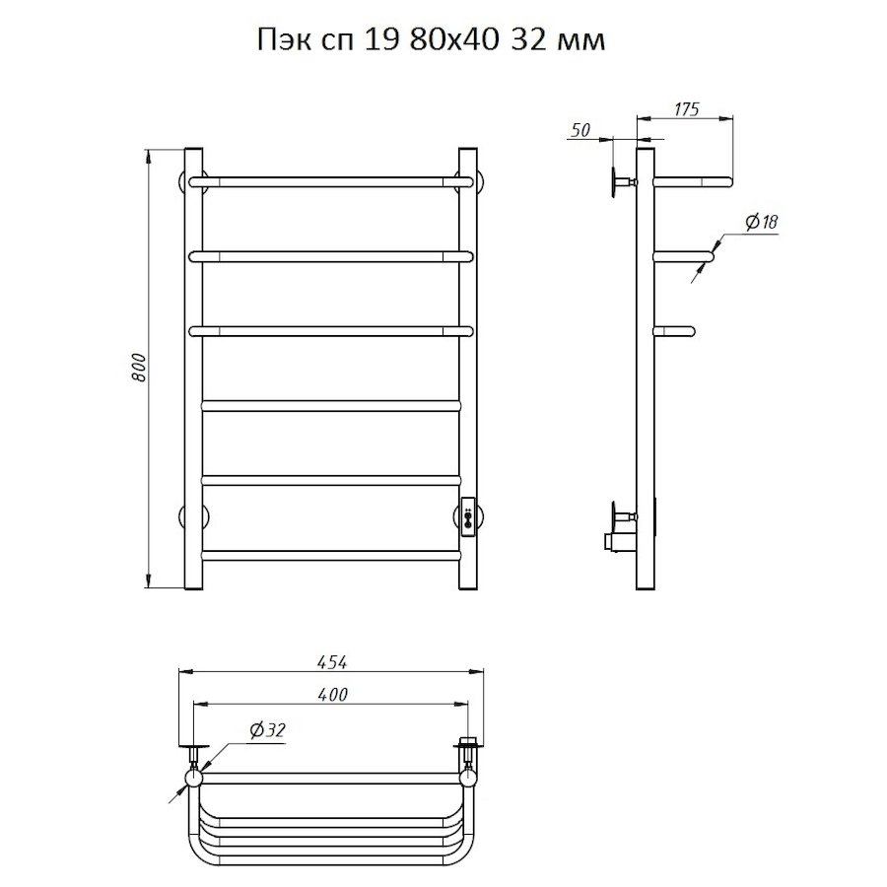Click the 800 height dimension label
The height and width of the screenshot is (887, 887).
pyautogui.click(x=139, y=368)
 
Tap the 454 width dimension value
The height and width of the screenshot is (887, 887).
pyautogui.click(x=332, y=662)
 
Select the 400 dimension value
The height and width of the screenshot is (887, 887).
pyautogui.click(x=333, y=694)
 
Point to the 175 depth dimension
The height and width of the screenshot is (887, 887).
pyautogui.click(x=686, y=108)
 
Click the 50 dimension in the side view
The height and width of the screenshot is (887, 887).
pyautogui.click(x=580, y=130)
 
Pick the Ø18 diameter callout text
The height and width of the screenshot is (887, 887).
pyautogui.click(x=762, y=222)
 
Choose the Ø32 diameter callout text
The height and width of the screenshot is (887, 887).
pyautogui.click(x=267, y=730)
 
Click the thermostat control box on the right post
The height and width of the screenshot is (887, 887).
pyautogui.click(x=468, y=516)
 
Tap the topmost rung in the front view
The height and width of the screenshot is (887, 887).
pyautogui.click(x=331, y=181)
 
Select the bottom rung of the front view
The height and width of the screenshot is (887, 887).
pyautogui.click(x=331, y=555)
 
